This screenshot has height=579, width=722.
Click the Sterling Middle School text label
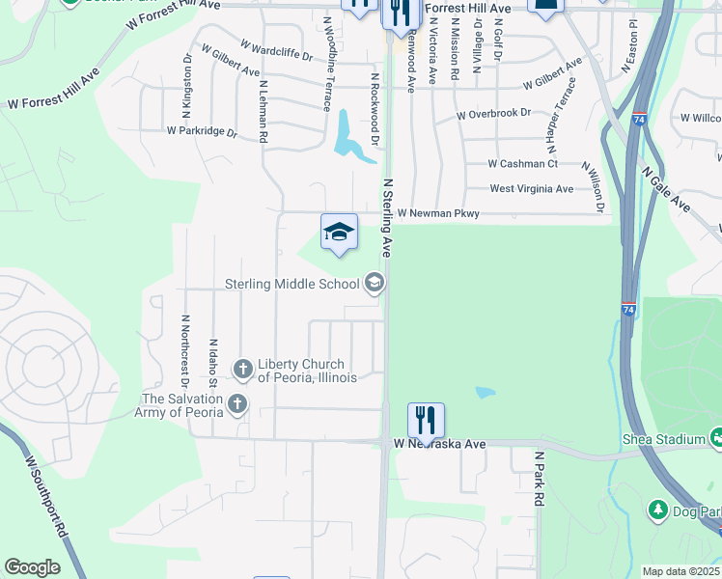pyautogui.click(x=292, y=284)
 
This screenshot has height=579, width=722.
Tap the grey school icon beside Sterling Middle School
pyautogui.click(x=375, y=283)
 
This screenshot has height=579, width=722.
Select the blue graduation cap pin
pyautogui.click(x=339, y=233)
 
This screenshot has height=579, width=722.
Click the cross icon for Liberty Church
pyautogui.click(x=242, y=369)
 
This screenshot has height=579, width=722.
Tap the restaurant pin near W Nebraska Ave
pyautogui.click(x=426, y=420)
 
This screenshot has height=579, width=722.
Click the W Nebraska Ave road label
pyautogui.click(x=439, y=444)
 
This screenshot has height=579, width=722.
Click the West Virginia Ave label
pyautogui.click(x=531, y=189)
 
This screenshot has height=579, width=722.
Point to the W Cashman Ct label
pyautogui.click(x=522, y=164)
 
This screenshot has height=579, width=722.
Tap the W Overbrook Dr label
pyautogui.click(x=494, y=113)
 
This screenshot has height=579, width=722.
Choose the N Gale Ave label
pyautogui.click(x=666, y=188)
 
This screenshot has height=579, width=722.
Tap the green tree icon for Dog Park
pyautogui.click(x=656, y=509)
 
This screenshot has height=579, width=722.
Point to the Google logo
pyautogui.click(x=33, y=567)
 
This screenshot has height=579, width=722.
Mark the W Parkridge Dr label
pyautogui.click(x=202, y=130)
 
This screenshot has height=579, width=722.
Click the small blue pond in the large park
pyautogui.click(x=485, y=393)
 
